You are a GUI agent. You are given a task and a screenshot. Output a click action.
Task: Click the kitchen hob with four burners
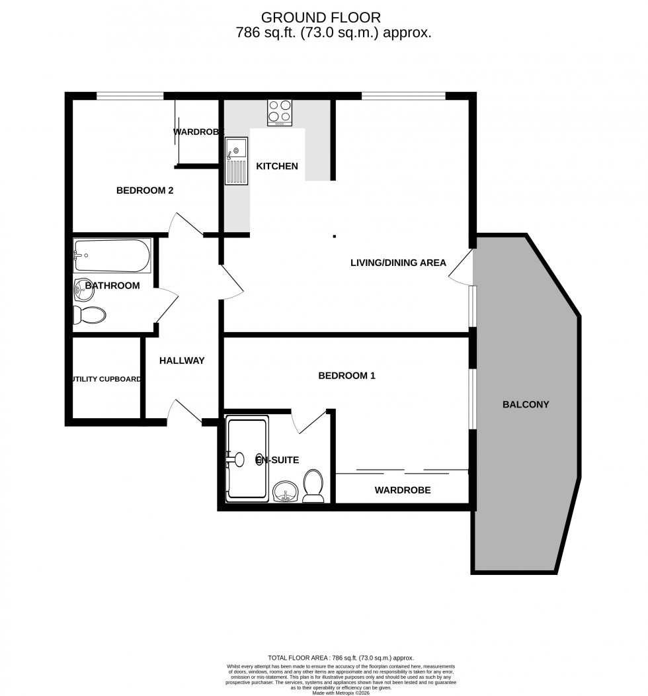(280, 112)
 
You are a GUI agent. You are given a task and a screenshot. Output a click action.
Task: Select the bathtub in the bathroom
(112, 256)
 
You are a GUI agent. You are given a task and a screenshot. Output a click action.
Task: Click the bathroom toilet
(89, 315)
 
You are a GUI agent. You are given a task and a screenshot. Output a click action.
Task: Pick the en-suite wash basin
(286, 492)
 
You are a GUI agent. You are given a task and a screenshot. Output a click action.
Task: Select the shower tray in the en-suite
(247, 458)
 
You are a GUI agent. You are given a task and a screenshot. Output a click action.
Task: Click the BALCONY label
(526, 404)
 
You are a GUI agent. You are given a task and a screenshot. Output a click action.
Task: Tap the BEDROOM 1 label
(346, 376)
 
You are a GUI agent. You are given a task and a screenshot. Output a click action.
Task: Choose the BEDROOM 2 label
(145, 191)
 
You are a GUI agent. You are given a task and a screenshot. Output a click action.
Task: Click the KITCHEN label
(278, 166)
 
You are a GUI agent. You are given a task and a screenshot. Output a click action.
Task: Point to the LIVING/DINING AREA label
(398, 263)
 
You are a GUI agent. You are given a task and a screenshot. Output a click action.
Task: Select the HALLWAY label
(182, 361)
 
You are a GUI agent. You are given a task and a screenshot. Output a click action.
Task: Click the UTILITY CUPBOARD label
(106, 379)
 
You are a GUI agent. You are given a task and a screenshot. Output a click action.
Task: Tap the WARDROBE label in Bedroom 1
(403, 490)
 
